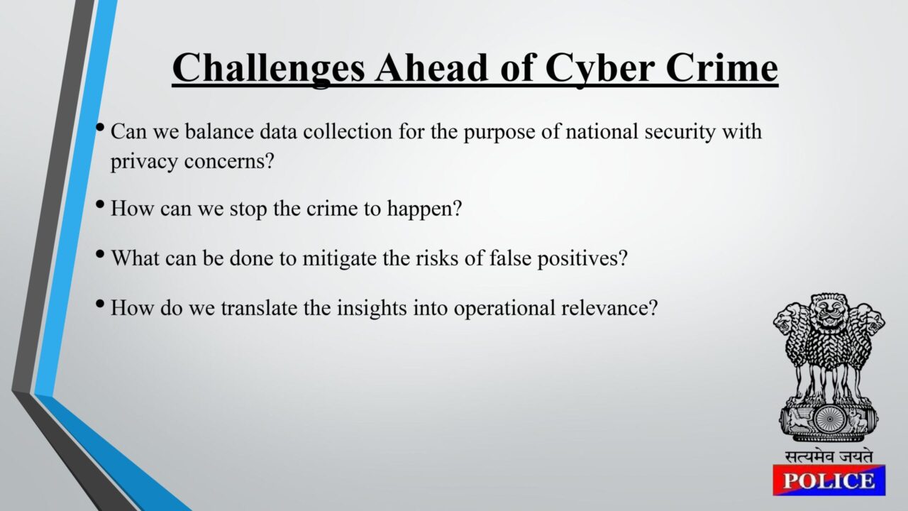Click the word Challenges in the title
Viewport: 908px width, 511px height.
click(x=268, y=69)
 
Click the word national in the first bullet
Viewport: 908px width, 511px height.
click(x=602, y=131)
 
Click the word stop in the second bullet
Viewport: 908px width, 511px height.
click(x=248, y=209)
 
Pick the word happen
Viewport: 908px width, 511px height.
click(x=421, y=209)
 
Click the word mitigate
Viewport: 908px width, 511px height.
click(x=339, y=259)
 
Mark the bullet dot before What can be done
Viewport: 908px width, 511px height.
click(x=100, y=255)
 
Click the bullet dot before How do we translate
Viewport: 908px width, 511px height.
click(x=100, y=303)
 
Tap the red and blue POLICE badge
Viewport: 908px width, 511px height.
click(x=829, y=480)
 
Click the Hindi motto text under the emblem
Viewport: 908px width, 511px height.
click(x=829, y=456)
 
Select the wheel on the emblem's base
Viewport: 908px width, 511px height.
click(x=829, y=419)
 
